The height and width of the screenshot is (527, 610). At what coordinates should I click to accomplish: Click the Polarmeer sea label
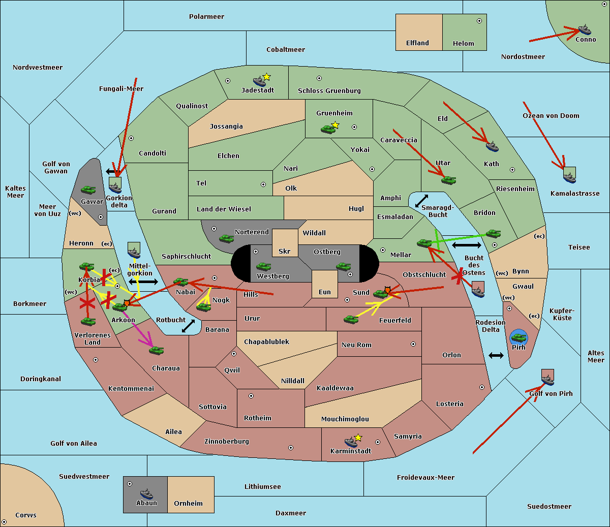tap(206, 17)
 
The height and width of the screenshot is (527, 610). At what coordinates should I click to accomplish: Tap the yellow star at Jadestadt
tap(266, 77)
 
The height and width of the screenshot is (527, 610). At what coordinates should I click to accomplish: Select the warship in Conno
tap(585, 29)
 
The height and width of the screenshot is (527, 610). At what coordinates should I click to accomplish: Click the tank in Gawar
tap(88, 190)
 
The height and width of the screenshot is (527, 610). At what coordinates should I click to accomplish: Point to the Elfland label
tap(417, 43)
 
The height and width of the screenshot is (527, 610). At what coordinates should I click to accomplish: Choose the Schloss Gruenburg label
tap(329, 91)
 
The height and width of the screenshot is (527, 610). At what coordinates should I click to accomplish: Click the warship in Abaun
tap(146, 493)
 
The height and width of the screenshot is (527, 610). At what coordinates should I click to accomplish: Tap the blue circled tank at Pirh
tap(518, 336)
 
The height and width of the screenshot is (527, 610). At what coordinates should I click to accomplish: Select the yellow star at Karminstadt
tap(358, 438)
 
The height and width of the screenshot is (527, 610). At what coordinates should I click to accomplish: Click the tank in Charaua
tap(156, 350)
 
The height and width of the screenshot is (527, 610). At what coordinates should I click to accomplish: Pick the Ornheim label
tap(188, 504)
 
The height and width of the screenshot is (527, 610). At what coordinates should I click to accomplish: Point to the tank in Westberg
tap(263, 266)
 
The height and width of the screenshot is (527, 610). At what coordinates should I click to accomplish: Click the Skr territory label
tap(284, 252)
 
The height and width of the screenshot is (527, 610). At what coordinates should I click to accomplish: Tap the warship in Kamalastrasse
tap(569, 176)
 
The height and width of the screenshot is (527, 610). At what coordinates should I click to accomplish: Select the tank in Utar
tap(448, 180)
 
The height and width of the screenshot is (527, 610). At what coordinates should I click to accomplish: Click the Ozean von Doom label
tap(551, 116)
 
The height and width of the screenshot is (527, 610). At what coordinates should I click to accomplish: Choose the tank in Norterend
tap(226, 238)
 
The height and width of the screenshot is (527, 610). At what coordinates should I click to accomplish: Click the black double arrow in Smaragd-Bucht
tap(421, 201)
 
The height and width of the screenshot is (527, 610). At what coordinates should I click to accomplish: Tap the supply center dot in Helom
tap(479, 21)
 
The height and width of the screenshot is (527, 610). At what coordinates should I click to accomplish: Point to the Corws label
tap(25, 515)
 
